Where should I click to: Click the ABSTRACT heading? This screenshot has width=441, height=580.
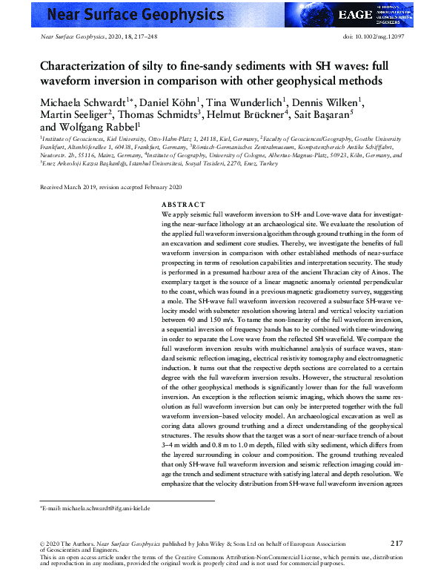click(x=183, y=204)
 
